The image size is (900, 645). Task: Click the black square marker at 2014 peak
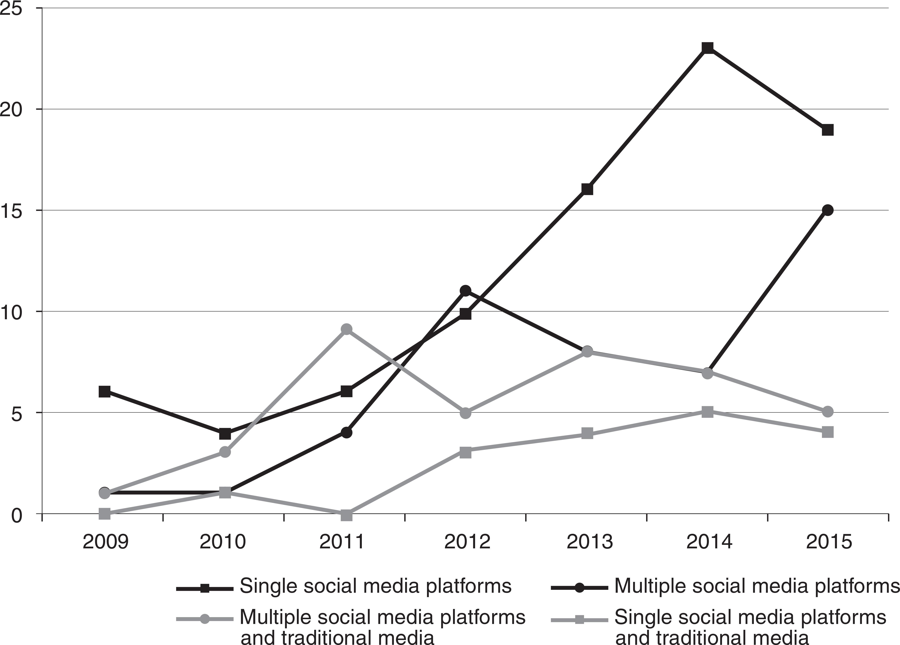[x=708, y=48]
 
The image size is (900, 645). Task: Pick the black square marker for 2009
[x=104, y=391]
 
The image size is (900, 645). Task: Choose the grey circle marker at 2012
[x=466, y=413]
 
